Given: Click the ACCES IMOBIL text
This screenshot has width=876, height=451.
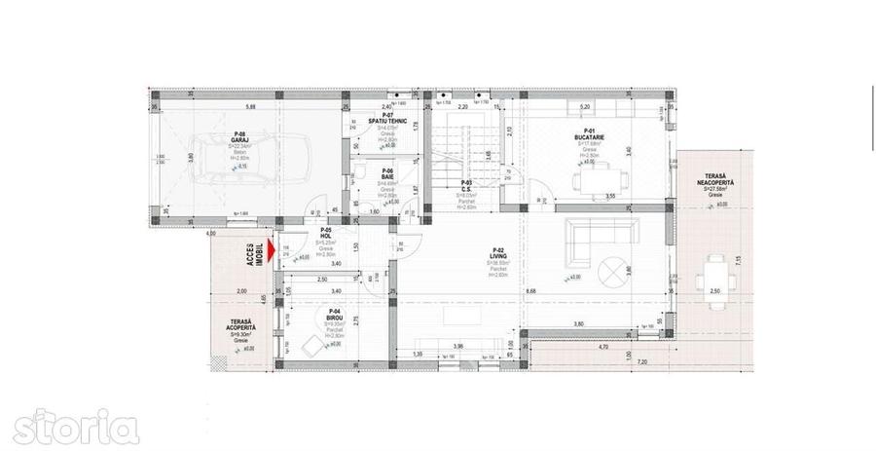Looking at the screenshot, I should point(254,255).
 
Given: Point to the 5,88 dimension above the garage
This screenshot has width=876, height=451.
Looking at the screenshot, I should point(250,105).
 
